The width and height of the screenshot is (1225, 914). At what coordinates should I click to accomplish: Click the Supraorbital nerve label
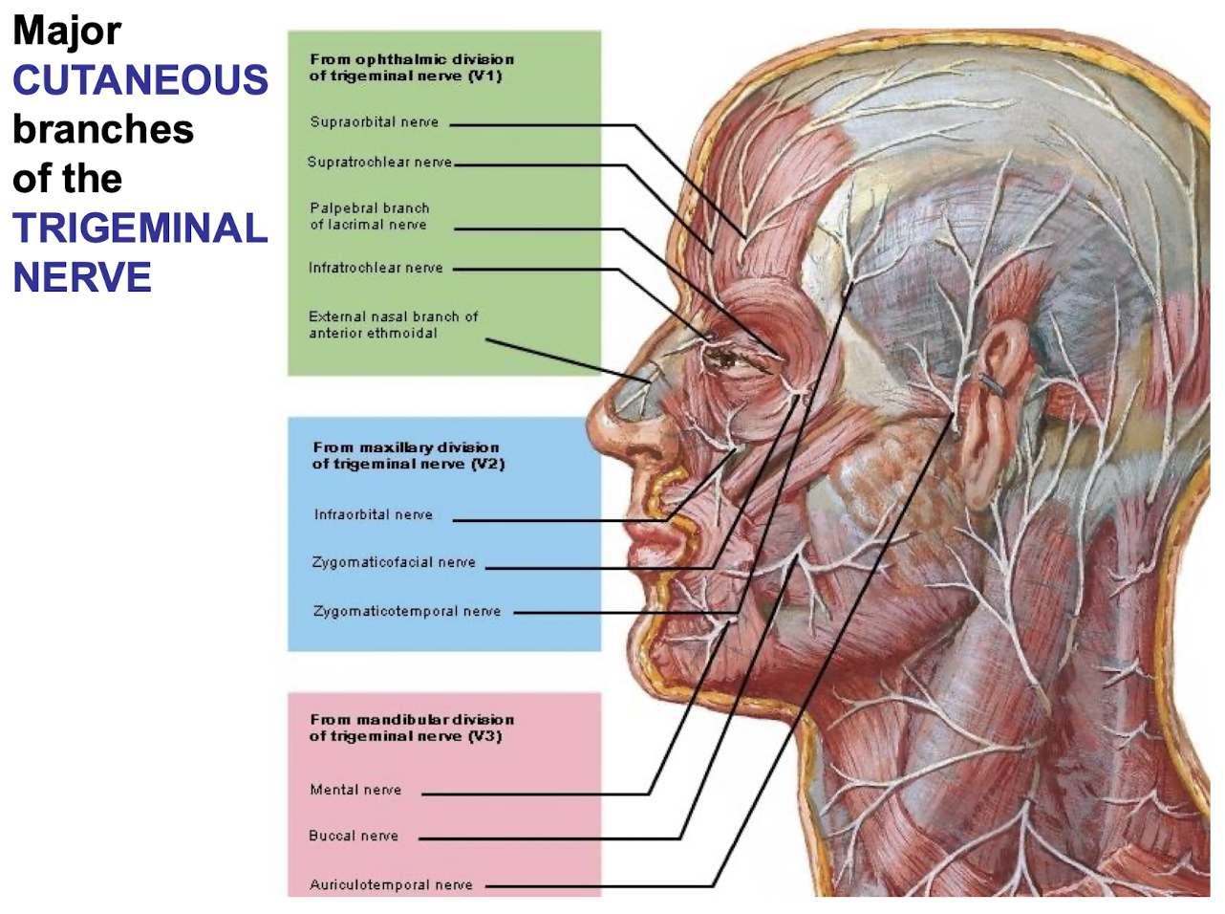point(374,122)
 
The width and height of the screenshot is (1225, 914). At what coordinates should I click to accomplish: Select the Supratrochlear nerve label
point(379,163)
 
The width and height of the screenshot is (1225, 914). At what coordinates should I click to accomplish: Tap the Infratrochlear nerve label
point(376,268)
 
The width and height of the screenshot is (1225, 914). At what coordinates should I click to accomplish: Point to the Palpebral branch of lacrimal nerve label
point(369,216)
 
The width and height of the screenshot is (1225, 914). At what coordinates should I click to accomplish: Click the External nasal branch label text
point(393,324)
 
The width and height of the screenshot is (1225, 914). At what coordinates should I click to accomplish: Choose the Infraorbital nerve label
point(373,514)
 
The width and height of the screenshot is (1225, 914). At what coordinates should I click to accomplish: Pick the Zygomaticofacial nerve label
point(394,562)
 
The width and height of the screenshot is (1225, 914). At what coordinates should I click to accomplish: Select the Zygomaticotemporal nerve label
point(407,611)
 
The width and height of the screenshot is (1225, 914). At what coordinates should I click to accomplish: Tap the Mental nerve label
point(355,790)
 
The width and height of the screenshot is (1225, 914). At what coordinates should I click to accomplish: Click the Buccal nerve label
point(354,836)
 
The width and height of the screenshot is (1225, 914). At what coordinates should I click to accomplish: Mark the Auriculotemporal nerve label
point(391,885)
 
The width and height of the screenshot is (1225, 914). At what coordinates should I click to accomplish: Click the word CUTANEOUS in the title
point(140,80)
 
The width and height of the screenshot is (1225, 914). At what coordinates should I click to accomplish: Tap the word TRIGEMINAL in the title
point(140,228)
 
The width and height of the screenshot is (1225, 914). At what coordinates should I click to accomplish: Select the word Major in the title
point(67,31)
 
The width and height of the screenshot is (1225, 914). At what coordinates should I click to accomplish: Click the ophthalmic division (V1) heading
point(411,67)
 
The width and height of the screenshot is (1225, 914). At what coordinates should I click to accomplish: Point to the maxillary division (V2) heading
point(408,455)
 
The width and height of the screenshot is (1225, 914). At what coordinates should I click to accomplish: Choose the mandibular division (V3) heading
point(411,728)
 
